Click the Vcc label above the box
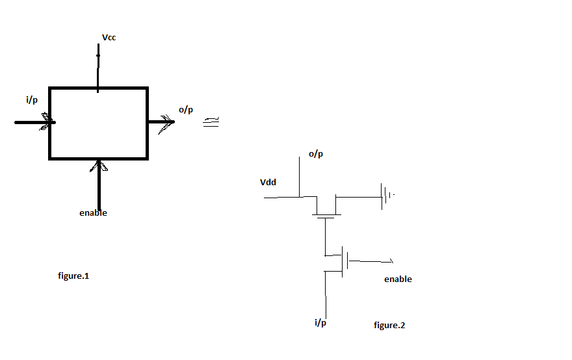(x=109, y=38)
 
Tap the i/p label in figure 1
(x=32, y=100)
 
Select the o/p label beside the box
(x=186, y=110)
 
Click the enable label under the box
(x=93, y=213)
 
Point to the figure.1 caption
(x=73, y=276)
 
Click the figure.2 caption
(x=389, y=326)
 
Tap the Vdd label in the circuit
(x=268, y=183)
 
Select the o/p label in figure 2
(x=315, y=154)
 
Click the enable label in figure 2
(x=398, y=279)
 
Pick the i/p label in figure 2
(x=320, y=323)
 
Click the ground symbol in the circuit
(x=387, y=196)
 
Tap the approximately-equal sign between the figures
(x=211, y=122)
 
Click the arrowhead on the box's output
(x=166, y=123)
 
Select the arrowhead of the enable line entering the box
(x=99, y=166)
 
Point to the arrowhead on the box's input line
(x=47, y=122)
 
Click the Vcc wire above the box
(x=97, y=68)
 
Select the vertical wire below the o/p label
(x=300, y=177)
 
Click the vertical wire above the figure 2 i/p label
(x=326, y=295)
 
